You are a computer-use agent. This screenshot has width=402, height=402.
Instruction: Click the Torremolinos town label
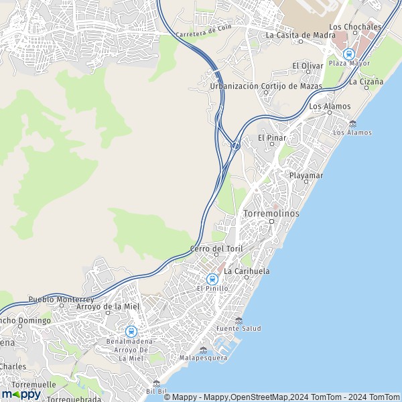coord(273,213)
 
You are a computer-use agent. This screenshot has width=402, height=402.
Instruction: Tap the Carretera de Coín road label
coord(203,31)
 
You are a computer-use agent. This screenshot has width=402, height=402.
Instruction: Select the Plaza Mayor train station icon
coord(348,54)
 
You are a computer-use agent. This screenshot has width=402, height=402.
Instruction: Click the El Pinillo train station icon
coord(212,279)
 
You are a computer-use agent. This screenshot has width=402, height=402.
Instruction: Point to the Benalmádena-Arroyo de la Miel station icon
coord(131,331)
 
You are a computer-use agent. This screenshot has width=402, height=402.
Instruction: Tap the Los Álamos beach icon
coord(352,123)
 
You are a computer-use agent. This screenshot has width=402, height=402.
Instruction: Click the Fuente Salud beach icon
coord(239,320)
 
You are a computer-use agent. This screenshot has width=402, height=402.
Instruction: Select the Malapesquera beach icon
coord(203,349)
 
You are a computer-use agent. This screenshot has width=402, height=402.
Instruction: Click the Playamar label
coord(306,176)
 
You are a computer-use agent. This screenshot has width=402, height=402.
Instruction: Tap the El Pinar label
coord(272,138)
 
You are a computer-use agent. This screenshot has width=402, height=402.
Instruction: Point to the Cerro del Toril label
coord(216,249)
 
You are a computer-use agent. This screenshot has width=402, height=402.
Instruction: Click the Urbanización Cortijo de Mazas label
coord(265,86)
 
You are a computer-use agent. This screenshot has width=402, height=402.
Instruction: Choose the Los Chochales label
coord(355,27)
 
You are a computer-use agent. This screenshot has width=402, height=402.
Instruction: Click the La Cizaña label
coord(366,82)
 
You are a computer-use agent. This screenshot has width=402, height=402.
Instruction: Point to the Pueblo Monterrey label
coord(60,299)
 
